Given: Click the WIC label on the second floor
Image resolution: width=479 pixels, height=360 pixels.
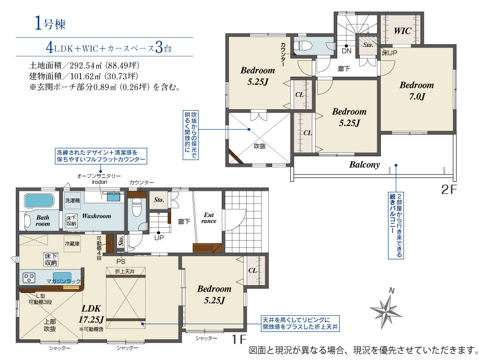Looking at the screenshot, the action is [402, 31].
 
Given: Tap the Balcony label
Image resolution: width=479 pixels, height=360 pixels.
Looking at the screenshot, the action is [365, 165].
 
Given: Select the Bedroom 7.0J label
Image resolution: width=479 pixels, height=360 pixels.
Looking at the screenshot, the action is [417, 91].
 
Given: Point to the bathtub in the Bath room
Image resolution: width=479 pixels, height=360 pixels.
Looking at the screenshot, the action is [39, 201].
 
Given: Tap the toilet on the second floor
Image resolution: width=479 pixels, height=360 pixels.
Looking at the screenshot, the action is [303, 46].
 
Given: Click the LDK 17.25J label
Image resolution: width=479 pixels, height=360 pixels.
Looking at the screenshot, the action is [91, 314].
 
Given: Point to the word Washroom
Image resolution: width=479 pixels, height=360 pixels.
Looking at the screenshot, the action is [97, 216].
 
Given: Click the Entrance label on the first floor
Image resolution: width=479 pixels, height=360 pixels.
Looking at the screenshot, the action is [209, 218].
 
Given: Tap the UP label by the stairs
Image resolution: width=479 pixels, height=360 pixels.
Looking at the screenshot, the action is [159, 238].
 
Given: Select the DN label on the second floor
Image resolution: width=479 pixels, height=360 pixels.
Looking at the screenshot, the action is [346, 51].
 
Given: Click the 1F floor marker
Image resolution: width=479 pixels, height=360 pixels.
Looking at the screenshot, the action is [239, 339].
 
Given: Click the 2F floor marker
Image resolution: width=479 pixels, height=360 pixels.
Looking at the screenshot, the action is [449, 189].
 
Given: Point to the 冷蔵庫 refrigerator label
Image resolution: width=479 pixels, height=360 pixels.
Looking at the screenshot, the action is [72, 244].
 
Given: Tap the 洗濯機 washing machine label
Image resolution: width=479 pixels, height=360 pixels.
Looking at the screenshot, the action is [73, 200].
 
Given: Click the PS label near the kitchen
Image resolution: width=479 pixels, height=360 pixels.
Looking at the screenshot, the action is [121, 262].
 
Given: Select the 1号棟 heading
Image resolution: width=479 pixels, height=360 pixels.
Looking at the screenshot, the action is [50, 23].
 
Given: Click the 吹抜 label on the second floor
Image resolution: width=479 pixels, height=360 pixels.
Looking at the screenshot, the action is [260, 146].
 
